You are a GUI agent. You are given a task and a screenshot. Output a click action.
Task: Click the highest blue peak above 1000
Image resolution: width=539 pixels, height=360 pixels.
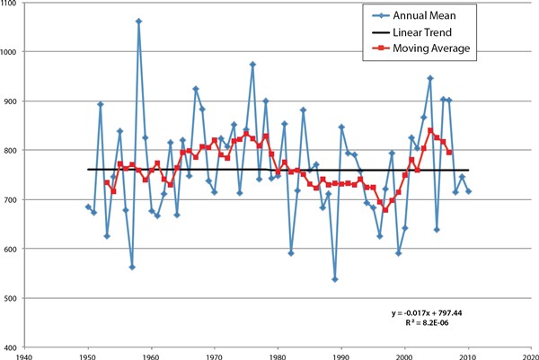138,21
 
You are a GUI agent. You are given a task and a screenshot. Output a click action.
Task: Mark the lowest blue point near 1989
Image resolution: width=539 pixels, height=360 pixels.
335,279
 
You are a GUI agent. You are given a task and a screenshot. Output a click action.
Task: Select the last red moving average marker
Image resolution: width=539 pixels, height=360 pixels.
449,153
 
